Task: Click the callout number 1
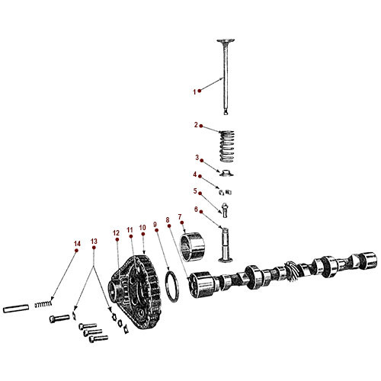tap(194, 91)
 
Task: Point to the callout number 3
tap(196, 158)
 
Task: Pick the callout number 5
tap(195, 191)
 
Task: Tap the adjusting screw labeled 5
tap(226, 206)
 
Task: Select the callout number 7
tap(180, 216)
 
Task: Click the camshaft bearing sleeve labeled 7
tap(195, 248)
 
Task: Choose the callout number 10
tap(142, 228)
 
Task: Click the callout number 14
tap(75, 244)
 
